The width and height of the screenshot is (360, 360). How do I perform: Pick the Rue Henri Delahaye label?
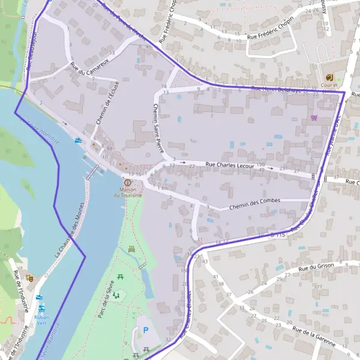point(275,90)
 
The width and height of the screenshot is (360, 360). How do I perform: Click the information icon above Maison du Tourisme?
point(127,182)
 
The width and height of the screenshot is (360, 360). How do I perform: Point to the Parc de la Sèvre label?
point(103,300)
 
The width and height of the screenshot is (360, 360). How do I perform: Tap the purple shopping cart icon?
point(314,118)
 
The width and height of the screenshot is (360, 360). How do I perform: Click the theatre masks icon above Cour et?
point(329,77)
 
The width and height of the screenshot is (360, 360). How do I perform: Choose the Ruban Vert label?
point(42,320)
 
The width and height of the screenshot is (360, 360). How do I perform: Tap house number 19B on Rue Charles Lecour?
point(260,164)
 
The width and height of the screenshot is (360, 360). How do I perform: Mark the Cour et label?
point(329,85)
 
